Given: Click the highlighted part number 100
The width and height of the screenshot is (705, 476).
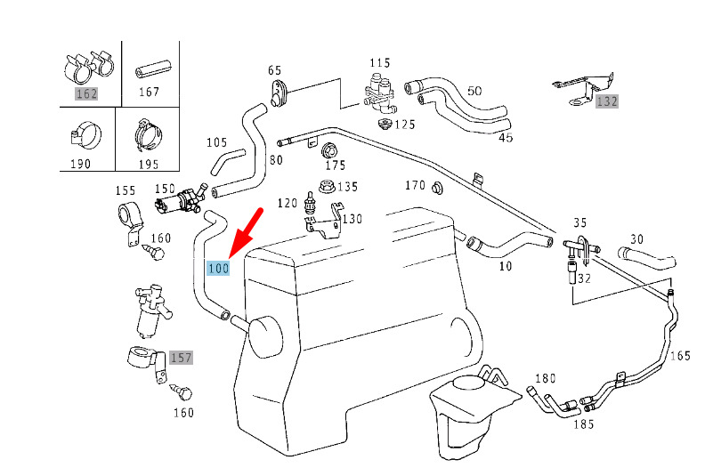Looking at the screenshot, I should (218, 268).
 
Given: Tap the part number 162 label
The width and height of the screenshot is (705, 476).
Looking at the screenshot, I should (85, 93).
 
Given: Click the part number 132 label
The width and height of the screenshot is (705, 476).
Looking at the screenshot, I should (606, 101).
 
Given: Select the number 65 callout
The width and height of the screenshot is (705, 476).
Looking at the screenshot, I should (274, 70).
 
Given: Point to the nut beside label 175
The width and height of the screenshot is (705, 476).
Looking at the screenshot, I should (330, 149).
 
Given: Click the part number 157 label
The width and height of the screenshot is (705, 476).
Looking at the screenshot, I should (181, 358).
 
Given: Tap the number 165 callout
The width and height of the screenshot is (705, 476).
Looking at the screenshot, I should (680, 356).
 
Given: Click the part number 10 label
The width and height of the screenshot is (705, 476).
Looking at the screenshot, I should (506, 266).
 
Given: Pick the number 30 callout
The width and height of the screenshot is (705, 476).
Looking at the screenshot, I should (636, 238).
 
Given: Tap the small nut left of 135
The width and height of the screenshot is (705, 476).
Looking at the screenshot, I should (323, 188).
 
